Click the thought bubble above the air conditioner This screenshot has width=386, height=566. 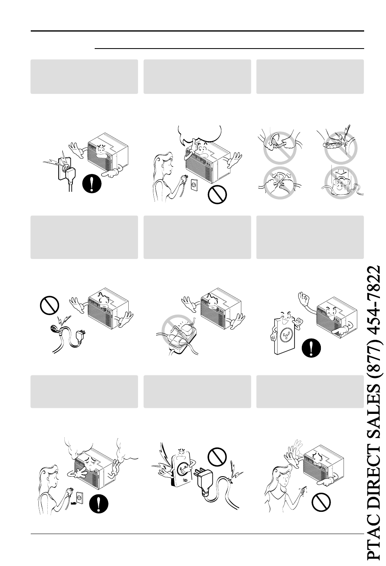[200, 133]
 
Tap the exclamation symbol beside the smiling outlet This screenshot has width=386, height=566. [311, 348]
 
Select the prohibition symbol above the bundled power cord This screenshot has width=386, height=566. [49, 305]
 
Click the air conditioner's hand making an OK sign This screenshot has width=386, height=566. [304, 300]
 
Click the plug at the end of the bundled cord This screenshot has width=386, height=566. [81, 337]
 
